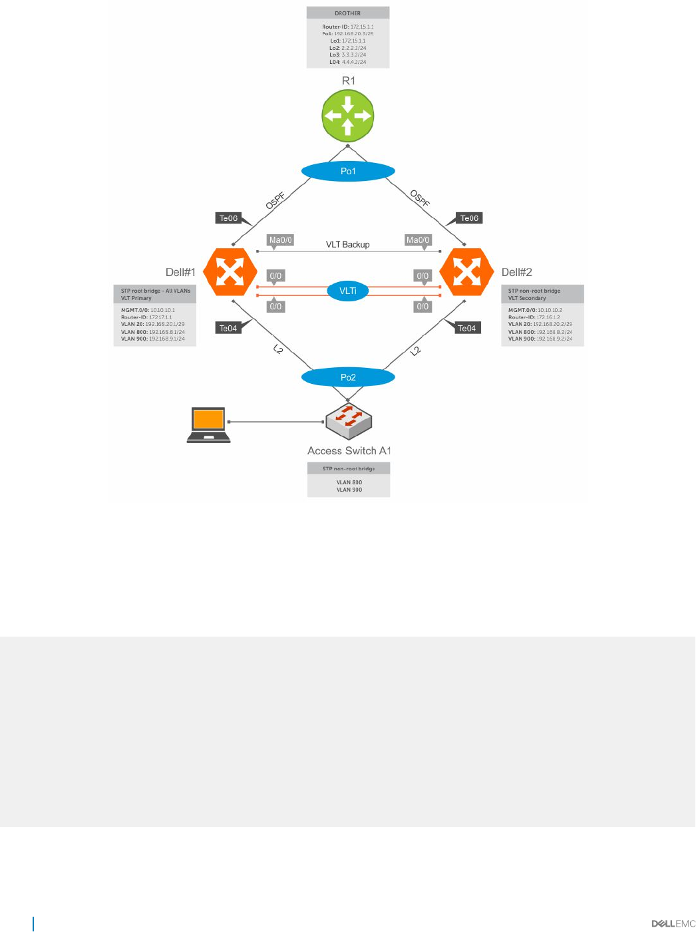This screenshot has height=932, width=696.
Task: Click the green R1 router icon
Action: coord(348,116)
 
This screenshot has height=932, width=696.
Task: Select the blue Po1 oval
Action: coord(348,171)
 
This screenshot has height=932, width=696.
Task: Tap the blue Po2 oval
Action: coord(348,377)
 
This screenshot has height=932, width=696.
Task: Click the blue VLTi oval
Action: coord(348,291)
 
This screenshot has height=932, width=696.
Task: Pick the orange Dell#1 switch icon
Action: coord(230,271)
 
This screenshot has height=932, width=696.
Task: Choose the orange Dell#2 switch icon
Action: coord(466,271)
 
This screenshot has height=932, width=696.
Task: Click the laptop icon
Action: coord(209,424)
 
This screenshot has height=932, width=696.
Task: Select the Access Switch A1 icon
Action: coord(348,421)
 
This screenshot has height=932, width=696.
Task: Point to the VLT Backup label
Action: coord(347,244)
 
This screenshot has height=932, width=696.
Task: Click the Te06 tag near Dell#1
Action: coord(228,218)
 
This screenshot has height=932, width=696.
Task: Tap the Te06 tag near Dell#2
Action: coord(469,218)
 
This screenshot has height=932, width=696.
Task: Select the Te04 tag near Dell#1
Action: coord(228,328)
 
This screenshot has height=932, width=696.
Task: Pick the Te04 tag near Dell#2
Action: coord(466,328)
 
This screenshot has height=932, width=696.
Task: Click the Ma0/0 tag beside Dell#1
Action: coord(280,240)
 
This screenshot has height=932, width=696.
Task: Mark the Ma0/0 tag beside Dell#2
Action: coord(418,240)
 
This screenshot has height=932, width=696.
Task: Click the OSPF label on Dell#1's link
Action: coord(275,200)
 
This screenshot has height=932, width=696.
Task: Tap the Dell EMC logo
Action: coord(673,923)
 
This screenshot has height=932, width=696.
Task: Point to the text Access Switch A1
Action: coord(349,450)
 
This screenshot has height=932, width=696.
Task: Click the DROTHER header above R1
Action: coord(348,13)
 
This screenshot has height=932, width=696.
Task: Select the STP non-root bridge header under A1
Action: coord(349,468)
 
